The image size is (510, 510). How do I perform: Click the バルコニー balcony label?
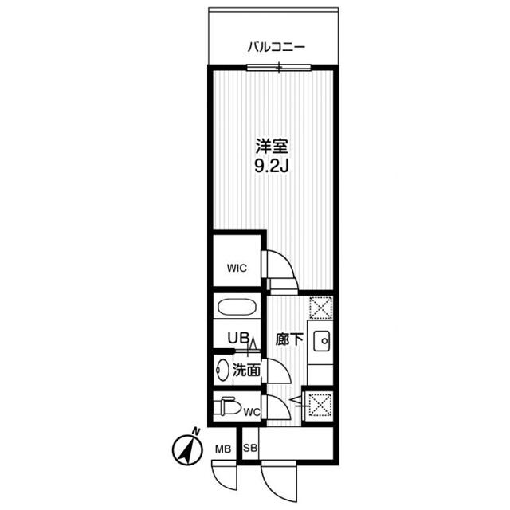tap(277, 47)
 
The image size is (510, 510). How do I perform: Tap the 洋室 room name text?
tap(271, 147)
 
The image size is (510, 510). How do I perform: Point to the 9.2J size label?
tap(271, 168)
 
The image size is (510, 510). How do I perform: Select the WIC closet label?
tap(236, 269)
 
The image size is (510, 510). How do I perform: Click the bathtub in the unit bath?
tap(236, 308)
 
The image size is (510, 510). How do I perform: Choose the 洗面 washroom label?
tap(246, 370)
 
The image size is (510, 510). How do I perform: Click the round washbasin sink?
tap(222, 371)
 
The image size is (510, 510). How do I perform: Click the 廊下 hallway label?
tap(288, 339)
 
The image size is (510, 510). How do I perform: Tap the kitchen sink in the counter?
tap(322, 340)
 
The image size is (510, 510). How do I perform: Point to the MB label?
tap(223, 449)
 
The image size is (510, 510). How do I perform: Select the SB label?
tap(249, 449)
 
